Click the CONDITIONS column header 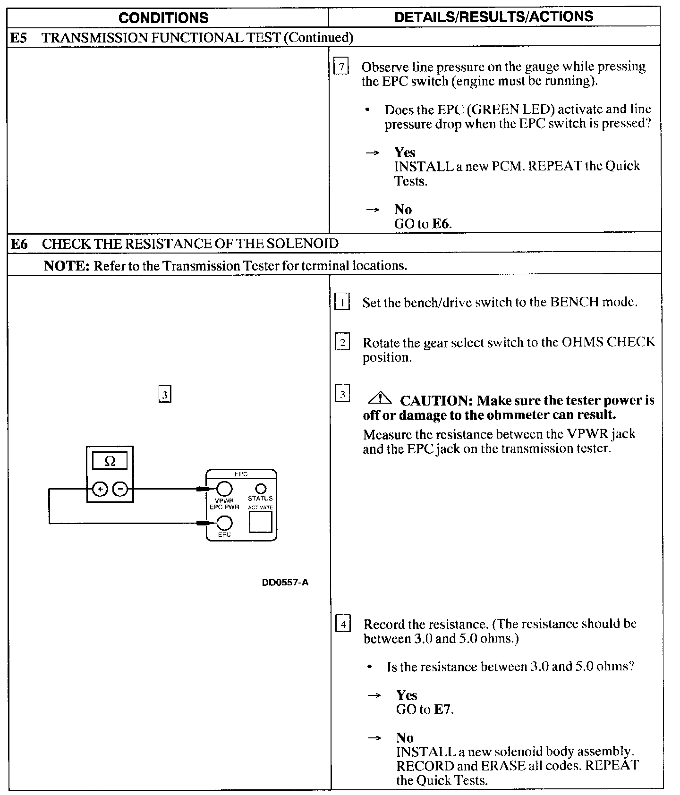(x=163, y=18)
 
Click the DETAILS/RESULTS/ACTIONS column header (x=493, y=17)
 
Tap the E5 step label (x=19, y=38)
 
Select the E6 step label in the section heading (x=19, y=244)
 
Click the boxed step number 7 (x=341, y=67)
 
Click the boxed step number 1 (x=342, y=302)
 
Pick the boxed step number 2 (x=342, y=342)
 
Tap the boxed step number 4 (x=343, y=625)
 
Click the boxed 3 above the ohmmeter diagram (x=164, y=395)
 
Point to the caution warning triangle (x=380, y=399)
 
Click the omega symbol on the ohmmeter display (x=110, y=461)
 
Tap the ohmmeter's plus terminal (x=100, y=489)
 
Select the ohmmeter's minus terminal (x=121, y=489)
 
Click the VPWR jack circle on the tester (x=224, y=489)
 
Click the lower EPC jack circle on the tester (x=224, y=523)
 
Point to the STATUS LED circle (x=260, y=489)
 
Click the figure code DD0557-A (x=285, y=583)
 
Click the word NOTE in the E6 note (x=67, y=266)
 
